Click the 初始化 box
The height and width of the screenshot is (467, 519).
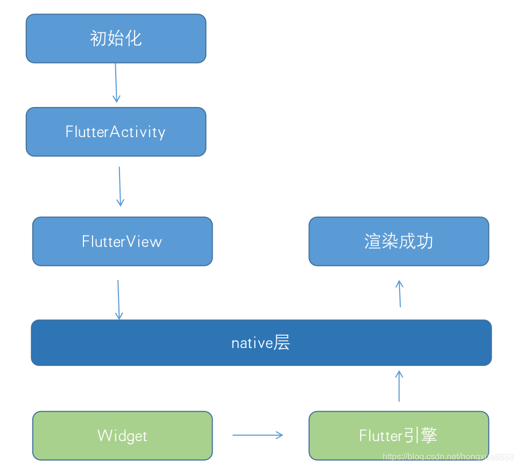(x=116, y=38)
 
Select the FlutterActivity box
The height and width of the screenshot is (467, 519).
(x=116, y=132)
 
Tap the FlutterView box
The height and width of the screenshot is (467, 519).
(x=122, y=241)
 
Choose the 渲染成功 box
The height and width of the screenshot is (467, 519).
(x=398, y=241)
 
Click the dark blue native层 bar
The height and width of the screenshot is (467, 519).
(x=261, y=343)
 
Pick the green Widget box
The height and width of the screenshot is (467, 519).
(x=122, y=435)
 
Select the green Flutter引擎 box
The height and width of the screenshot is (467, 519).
(x=398, y=435)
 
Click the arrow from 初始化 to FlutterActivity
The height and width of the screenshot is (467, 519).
(x=116, y=82)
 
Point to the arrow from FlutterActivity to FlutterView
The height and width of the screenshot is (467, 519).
(x=120, y=186)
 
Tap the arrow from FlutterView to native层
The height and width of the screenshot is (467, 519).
(x=118, y=300)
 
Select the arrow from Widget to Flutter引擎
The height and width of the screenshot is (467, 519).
(x=258, y=435)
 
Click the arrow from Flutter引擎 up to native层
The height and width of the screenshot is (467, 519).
(x=399, y=386)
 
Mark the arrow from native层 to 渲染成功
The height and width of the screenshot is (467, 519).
(x=399, y=294)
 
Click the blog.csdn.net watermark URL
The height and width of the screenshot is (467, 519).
(x=448, y=457)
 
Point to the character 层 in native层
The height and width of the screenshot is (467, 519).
(x=282, y=343)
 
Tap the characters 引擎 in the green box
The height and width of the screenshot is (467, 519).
(x=420, y=435)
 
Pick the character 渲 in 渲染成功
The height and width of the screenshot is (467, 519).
(x=373, y=241)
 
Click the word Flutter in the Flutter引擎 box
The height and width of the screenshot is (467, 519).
(x=381, y=435)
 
